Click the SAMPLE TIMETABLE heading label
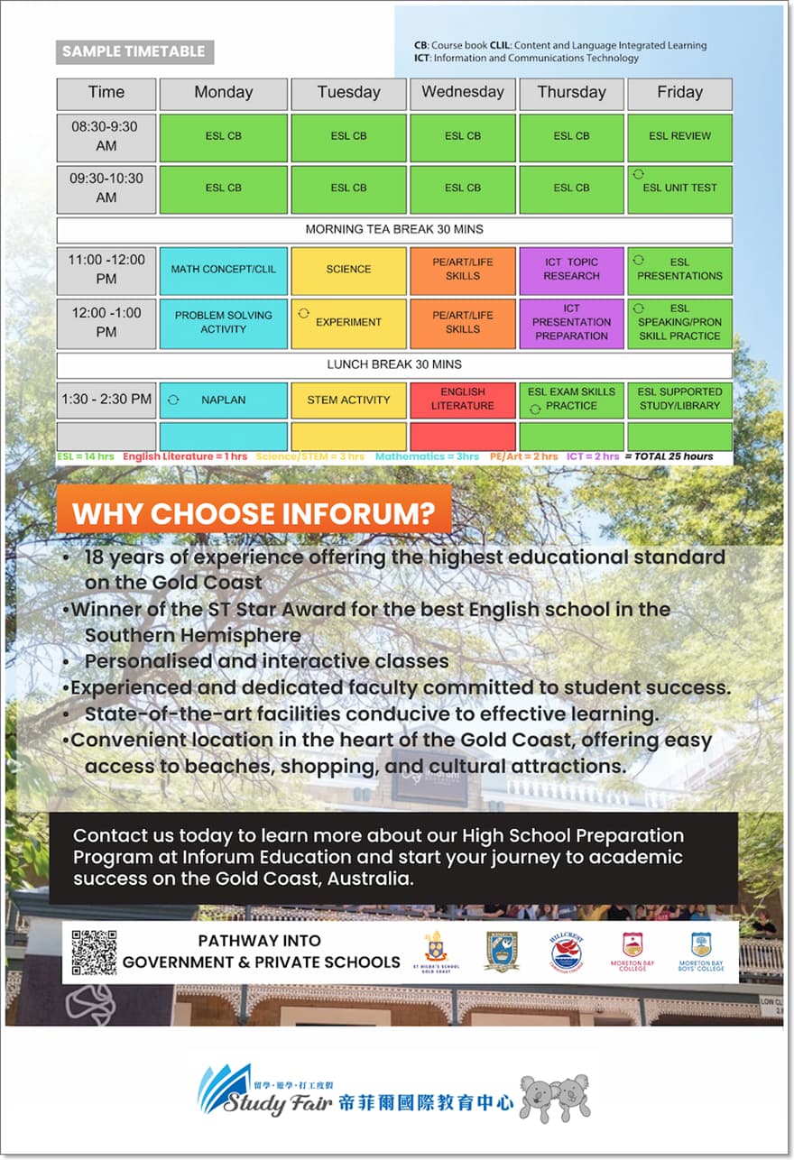coord(134,51)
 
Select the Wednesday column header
coord(462,93)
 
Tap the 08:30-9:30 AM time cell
coord(106,136)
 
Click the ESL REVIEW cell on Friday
coord(679,136)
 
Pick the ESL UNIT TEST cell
coord(679,188)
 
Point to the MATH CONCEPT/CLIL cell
coord(223,269)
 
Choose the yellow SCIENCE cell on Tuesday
coord(348,269)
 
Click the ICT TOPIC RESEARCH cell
coord(571,269)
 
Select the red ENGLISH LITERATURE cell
coord(462,399)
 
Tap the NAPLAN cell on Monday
coord(223,399)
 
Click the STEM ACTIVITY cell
coord(348,399)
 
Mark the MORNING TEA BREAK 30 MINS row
coord(393,229)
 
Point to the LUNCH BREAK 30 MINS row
coord(393,364)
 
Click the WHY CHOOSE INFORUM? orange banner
coord(254,513)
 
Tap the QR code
coord(94,953)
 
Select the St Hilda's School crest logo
coord(434,949)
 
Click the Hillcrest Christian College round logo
coord(567,951)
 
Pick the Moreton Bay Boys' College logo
coord(701,951)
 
